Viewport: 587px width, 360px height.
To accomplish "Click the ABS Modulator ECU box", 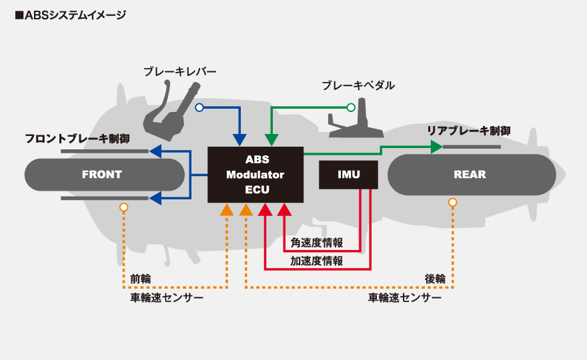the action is point(255,175).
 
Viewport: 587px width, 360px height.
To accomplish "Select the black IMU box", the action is point(348,175).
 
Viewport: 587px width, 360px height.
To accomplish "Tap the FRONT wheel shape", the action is point(105,175).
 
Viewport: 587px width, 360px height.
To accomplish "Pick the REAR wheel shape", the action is point(472,175).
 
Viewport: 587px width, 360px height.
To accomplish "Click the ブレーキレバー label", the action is point(180,71).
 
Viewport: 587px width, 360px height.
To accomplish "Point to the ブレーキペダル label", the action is point(358,85).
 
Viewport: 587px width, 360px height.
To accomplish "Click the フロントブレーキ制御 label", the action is point(77,139).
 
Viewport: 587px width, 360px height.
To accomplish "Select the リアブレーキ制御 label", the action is point(469,131).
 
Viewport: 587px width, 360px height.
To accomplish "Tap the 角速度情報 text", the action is point(317,243).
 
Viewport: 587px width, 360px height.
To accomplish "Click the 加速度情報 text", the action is point(317,261).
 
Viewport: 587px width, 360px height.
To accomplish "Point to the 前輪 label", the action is point(141,279).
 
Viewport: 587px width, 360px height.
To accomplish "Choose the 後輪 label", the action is point(435,279).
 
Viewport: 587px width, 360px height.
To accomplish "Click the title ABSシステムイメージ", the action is point(71,15).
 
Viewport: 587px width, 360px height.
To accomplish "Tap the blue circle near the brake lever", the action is point(199,108).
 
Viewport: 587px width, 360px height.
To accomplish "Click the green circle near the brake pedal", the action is point(351,108).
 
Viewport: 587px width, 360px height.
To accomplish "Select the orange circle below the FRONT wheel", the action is point(123,207).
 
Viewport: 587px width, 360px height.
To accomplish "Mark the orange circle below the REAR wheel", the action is point(453,203).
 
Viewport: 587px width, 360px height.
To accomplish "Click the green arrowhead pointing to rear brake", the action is point(436,147).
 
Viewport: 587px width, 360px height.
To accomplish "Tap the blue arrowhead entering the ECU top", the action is point(239,140).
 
